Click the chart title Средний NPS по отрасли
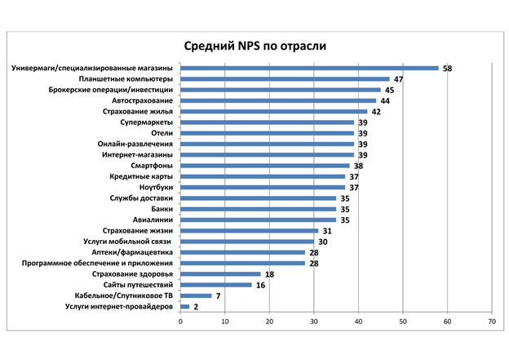[254, 46]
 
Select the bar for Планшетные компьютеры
[285, 79]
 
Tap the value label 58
[447, 69]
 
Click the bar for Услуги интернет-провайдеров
[185, 307]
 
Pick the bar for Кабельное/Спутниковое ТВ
[196, 296]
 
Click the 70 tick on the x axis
[491, 322]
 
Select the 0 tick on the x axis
[180, 322]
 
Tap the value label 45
[389, 90]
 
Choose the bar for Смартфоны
[264, 166]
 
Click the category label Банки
[160, 209]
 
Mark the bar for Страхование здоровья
[220, 274]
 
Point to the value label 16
[260, 285]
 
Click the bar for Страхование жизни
[249, 231]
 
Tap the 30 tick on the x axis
[313, 322]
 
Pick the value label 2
[196, 307]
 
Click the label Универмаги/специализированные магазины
[92, 68]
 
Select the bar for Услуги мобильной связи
[247, 242]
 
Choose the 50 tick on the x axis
[402, 322]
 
